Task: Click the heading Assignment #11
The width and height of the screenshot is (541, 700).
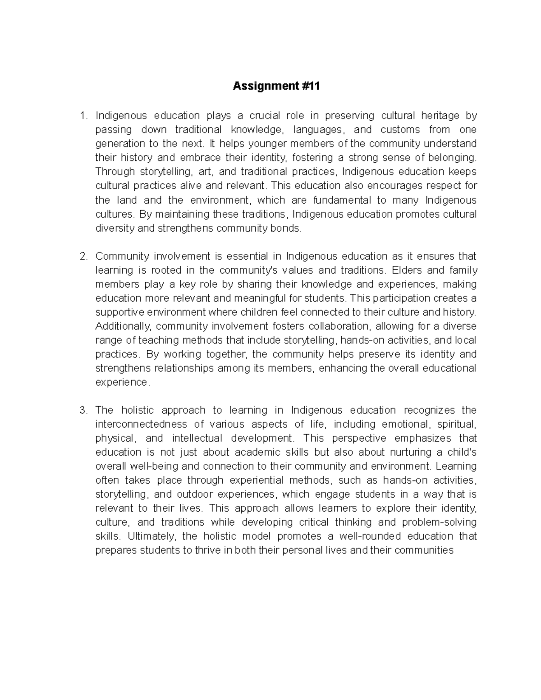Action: pyautogui.click(x=276, y=87)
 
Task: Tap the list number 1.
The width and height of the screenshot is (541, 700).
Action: pyautogui.click(x=83, y=116)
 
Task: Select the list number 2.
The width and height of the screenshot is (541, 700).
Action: pyautogui.click(x=83, y=256)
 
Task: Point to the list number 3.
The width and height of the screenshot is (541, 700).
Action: pyautogui.click(x=83, y=410)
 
